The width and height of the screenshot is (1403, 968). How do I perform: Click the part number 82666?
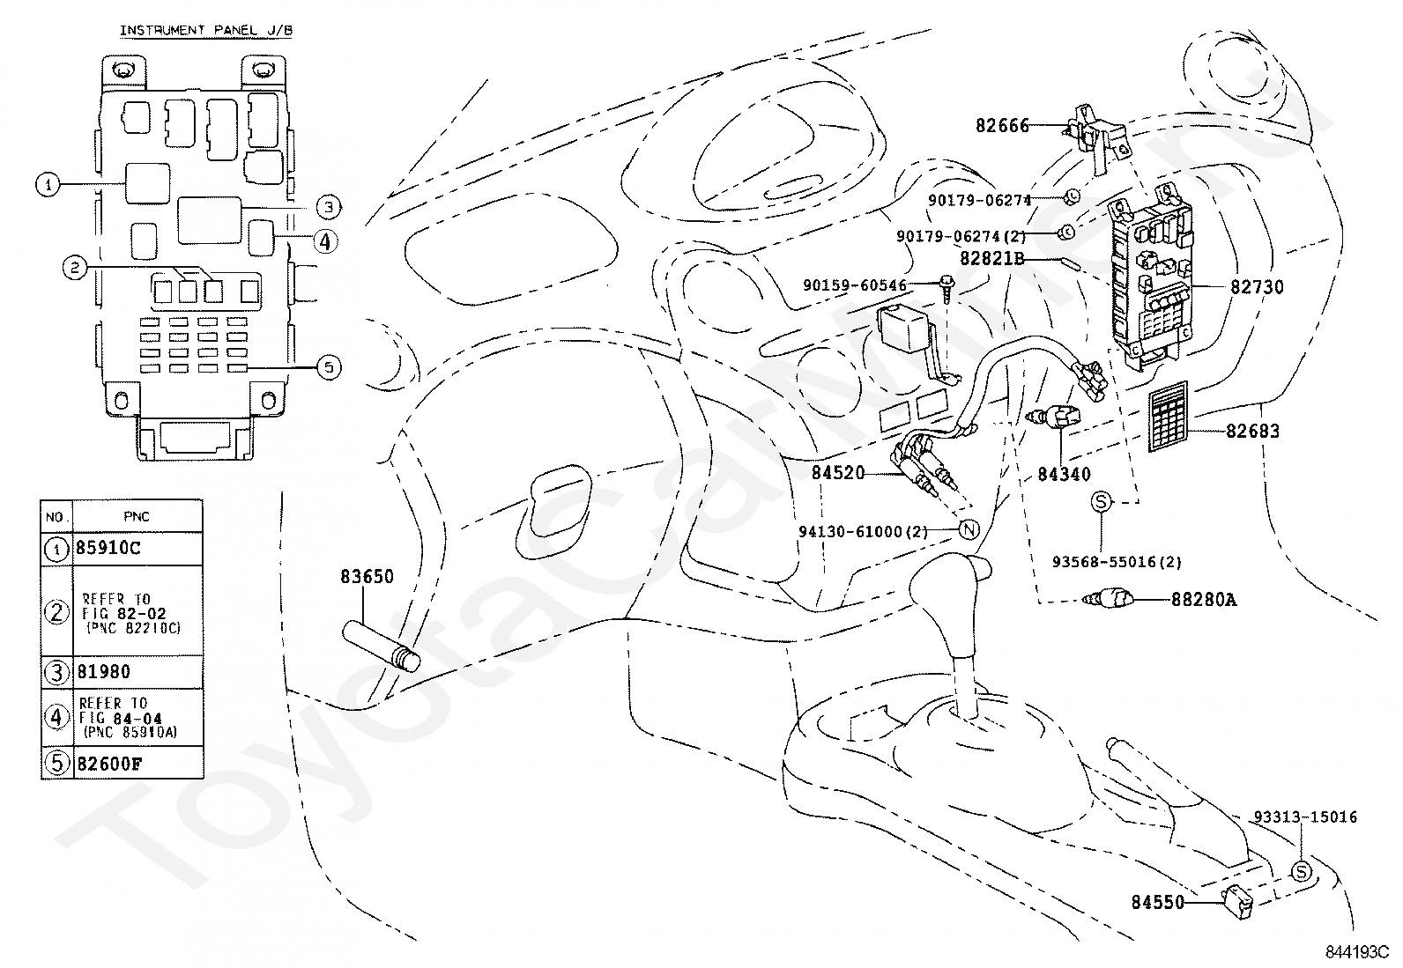1002,126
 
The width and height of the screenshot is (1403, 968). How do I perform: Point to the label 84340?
1064,474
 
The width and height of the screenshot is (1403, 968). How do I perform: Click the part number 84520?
838,474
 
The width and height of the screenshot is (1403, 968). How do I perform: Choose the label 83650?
367,577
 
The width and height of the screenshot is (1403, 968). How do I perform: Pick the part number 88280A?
1203,601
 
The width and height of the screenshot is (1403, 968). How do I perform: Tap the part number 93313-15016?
1305,817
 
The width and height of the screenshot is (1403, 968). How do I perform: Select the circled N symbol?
968,530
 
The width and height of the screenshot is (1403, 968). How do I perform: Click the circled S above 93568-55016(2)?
1102,501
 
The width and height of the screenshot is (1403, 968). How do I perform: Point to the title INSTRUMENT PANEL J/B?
206,31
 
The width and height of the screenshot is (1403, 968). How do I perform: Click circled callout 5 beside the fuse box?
328,367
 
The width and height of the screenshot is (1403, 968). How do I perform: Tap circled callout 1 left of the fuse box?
47,184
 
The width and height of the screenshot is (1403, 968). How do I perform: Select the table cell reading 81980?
104,672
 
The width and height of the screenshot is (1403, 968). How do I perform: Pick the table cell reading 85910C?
108,548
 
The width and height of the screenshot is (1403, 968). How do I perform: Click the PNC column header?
137,516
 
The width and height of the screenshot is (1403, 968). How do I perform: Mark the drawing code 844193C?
1356,952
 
